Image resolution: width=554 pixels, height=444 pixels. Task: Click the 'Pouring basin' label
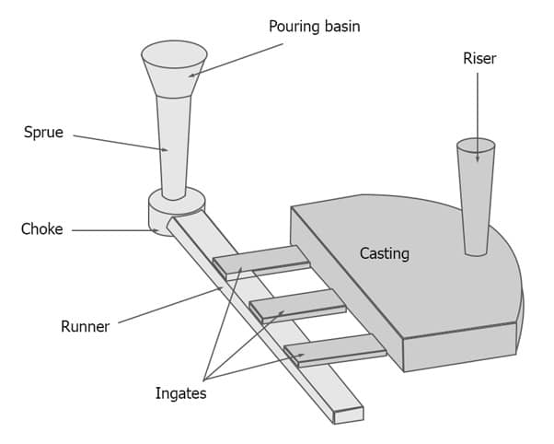click(314, 26)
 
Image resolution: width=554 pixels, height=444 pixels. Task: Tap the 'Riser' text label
click(479, 58)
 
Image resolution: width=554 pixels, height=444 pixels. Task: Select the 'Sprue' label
click(43, 132)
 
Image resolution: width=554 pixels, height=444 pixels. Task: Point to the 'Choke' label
click(41, 228)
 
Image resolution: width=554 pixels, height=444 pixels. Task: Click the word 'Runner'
click(85, 326)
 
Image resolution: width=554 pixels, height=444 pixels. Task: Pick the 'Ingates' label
click(180, 393)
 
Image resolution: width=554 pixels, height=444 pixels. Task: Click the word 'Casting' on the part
click(384, 253)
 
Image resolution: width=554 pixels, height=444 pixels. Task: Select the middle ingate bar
click(296, 304)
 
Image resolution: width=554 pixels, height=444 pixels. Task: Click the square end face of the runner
click(348, 415)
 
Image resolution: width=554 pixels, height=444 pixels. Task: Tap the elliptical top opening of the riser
click(476, 146)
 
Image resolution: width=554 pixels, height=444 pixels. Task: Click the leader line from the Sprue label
click(120, 144)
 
